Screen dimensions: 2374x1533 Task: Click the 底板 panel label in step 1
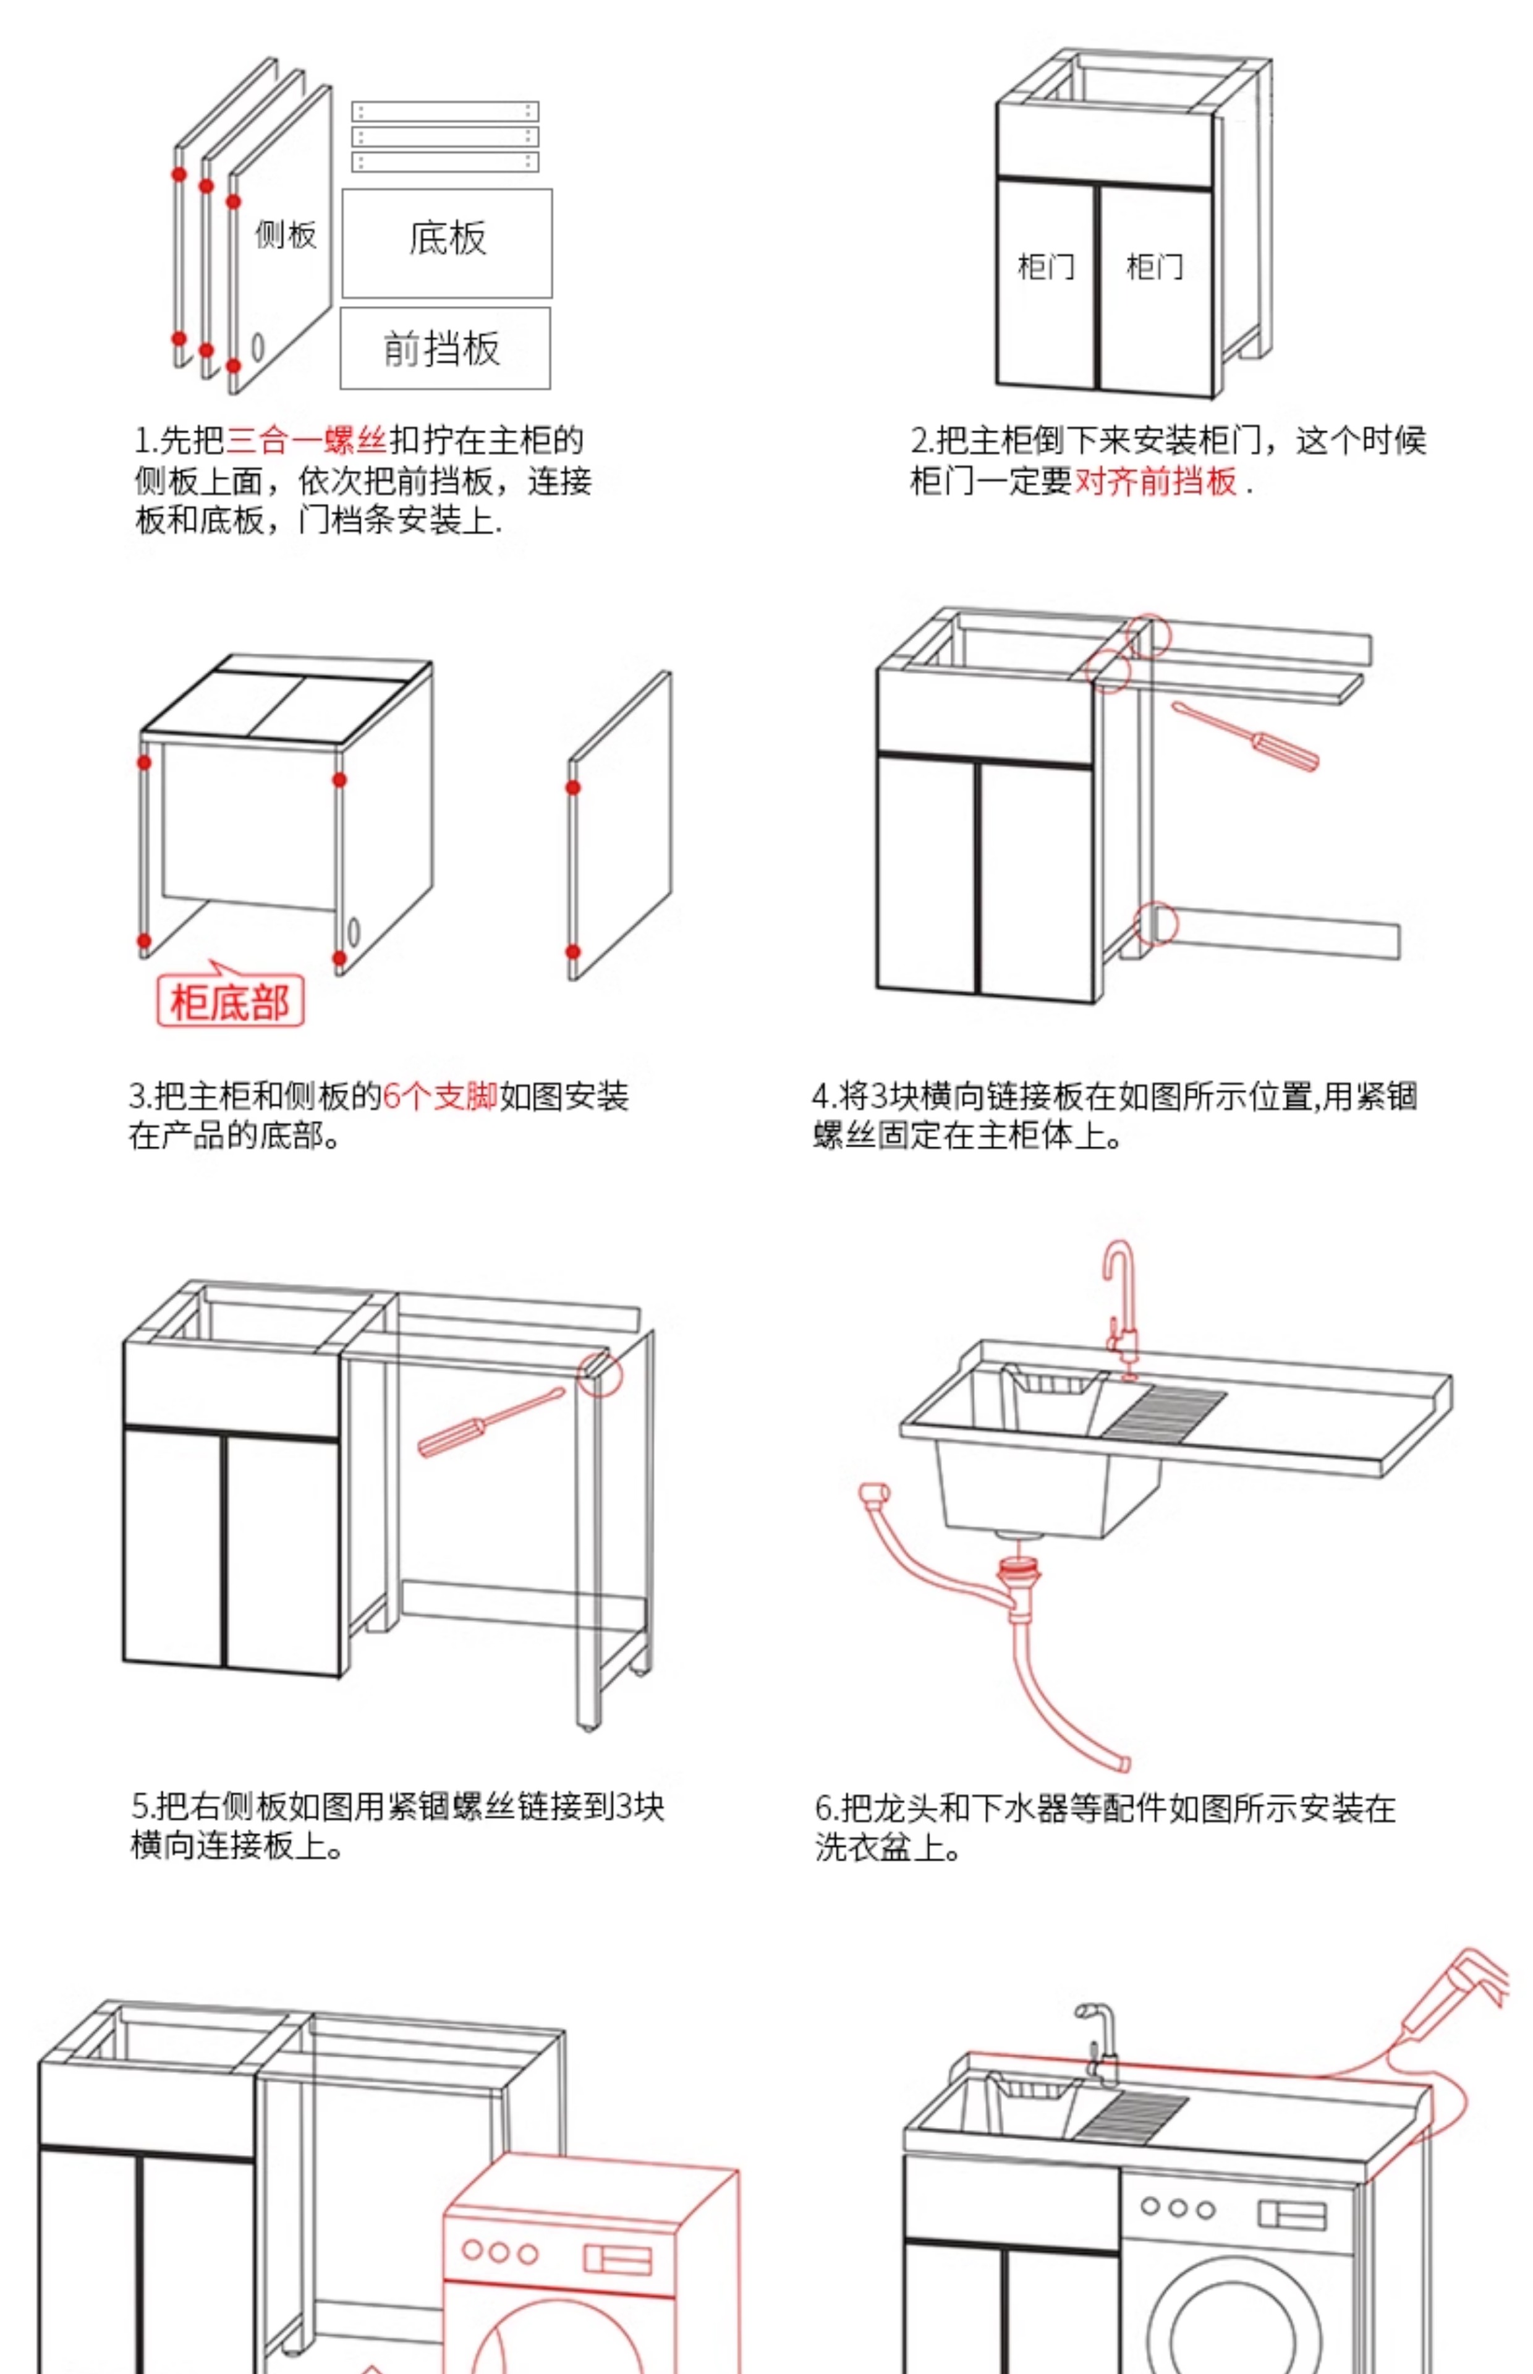pos(447,239)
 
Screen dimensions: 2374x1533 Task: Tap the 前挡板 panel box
pos(445,349)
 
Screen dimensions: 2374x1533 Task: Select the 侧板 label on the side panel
pos(286,235)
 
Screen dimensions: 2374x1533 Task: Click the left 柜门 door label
pos(1045,266)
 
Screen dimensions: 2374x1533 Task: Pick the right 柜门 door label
pos(1155,266)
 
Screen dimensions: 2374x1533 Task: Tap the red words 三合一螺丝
pos(307,440)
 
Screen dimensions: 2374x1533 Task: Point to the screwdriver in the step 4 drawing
pos(1246,736)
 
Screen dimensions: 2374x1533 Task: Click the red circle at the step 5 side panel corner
pos(600,1374)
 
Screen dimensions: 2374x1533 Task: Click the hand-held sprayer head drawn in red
pos(1463,1991)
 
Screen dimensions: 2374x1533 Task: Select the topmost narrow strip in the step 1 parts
pos(445,111)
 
